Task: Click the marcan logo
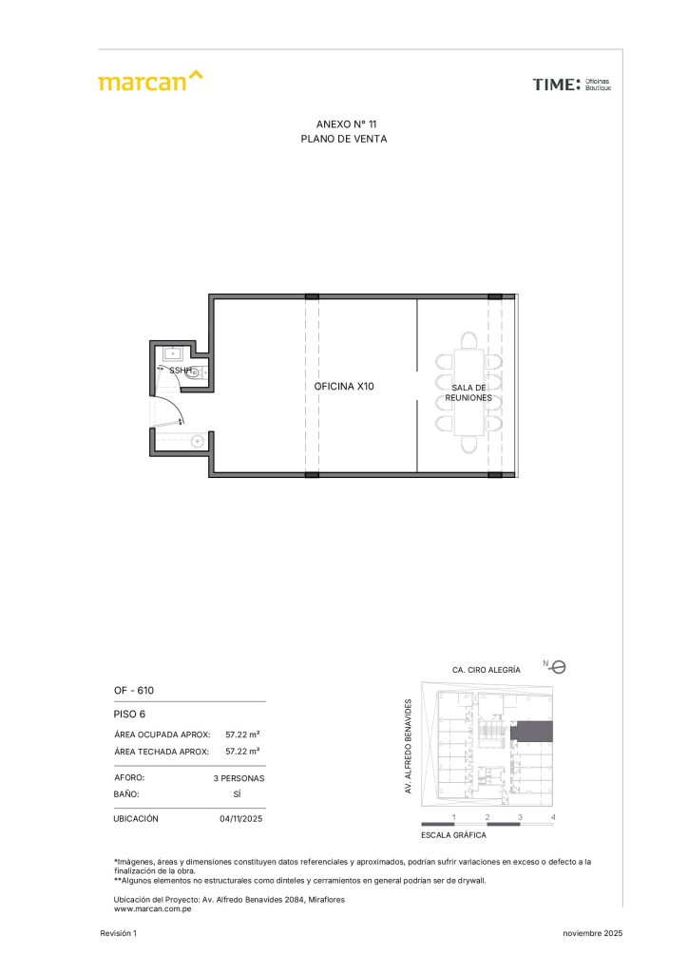point(150,82)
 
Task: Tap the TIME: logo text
point(557,85)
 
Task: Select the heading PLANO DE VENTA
point(344,139)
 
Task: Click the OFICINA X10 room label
point(344,386)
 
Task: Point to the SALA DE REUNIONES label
point(468,392)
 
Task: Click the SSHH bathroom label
point(181,371)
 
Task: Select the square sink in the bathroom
point(172,354)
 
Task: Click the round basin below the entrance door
point(198,442)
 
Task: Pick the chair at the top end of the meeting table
point(469,340)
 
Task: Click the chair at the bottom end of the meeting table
point(469,445)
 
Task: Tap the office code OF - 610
point(134,690)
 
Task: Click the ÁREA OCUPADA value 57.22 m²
point(242,735)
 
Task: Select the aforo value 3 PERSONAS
point(239,778)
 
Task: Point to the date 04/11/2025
point(241,818)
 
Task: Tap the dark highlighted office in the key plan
point(531,732)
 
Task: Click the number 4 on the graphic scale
point(553,817)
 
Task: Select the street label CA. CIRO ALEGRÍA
point(487,670)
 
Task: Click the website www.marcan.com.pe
point(153,909)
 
